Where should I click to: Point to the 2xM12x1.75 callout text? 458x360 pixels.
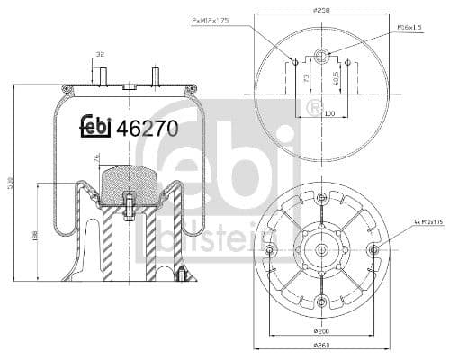point(213,19)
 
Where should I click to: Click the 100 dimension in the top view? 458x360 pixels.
point(329,114)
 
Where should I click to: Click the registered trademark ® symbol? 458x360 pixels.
point(314,109)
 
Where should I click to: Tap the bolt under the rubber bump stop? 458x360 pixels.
point(130,210)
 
